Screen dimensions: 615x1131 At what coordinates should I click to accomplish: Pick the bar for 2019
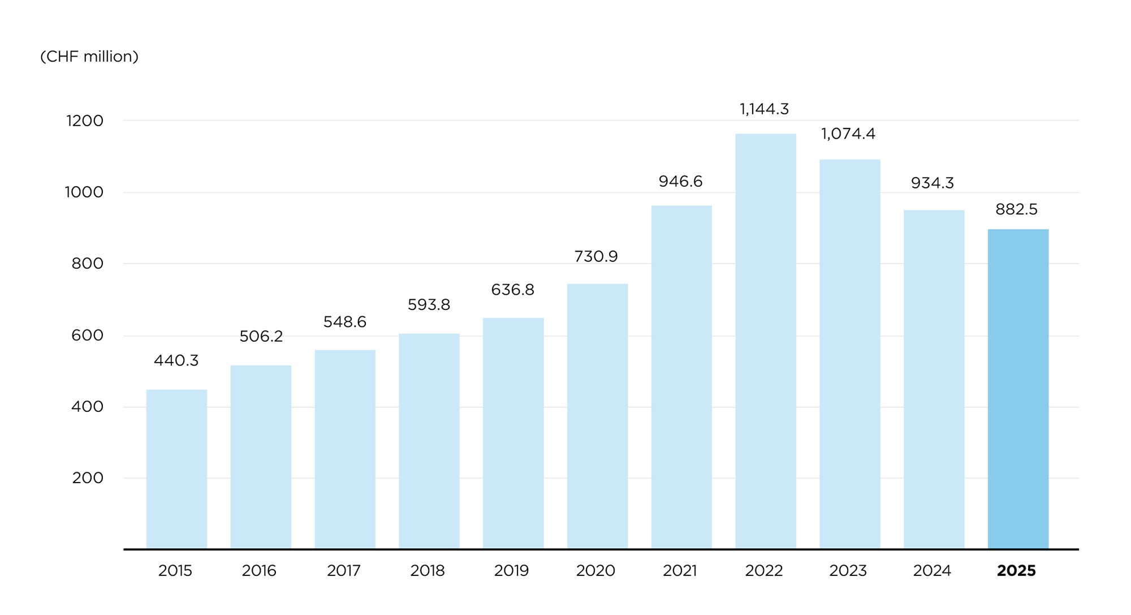(x=513, y=433)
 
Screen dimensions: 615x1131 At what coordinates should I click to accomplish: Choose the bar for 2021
(x=681, y=377)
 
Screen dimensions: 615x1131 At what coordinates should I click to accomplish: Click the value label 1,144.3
(x=764, y=109)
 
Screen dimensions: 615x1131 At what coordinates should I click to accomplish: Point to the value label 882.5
(x=1016, y=210)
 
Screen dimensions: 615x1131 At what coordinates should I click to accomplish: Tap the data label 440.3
(x=176, y=361)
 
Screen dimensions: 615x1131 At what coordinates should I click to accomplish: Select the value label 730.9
(x=596, y=257)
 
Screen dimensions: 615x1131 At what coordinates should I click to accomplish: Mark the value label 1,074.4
(x=848, y=134)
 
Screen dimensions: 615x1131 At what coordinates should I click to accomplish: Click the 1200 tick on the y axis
(x=85, y=121)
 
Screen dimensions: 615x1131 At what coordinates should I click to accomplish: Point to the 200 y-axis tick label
(x=88, y=478)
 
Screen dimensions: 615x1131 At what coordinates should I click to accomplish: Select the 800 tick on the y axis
(x=88, y=264)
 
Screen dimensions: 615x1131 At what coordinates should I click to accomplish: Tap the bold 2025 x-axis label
(x=1016, y=571)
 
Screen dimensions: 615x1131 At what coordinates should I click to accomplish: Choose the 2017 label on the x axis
(x=344, y=571)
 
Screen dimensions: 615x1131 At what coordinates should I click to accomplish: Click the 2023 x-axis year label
(x=848, y=571)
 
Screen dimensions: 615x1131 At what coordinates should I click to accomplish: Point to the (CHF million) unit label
(x=89, y=57)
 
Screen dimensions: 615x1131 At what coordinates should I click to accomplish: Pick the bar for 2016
(x=261, y=457)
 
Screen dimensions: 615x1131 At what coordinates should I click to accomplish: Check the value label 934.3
(x=932, y=183)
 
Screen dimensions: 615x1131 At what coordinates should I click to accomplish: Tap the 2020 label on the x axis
(x=595, y=571)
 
